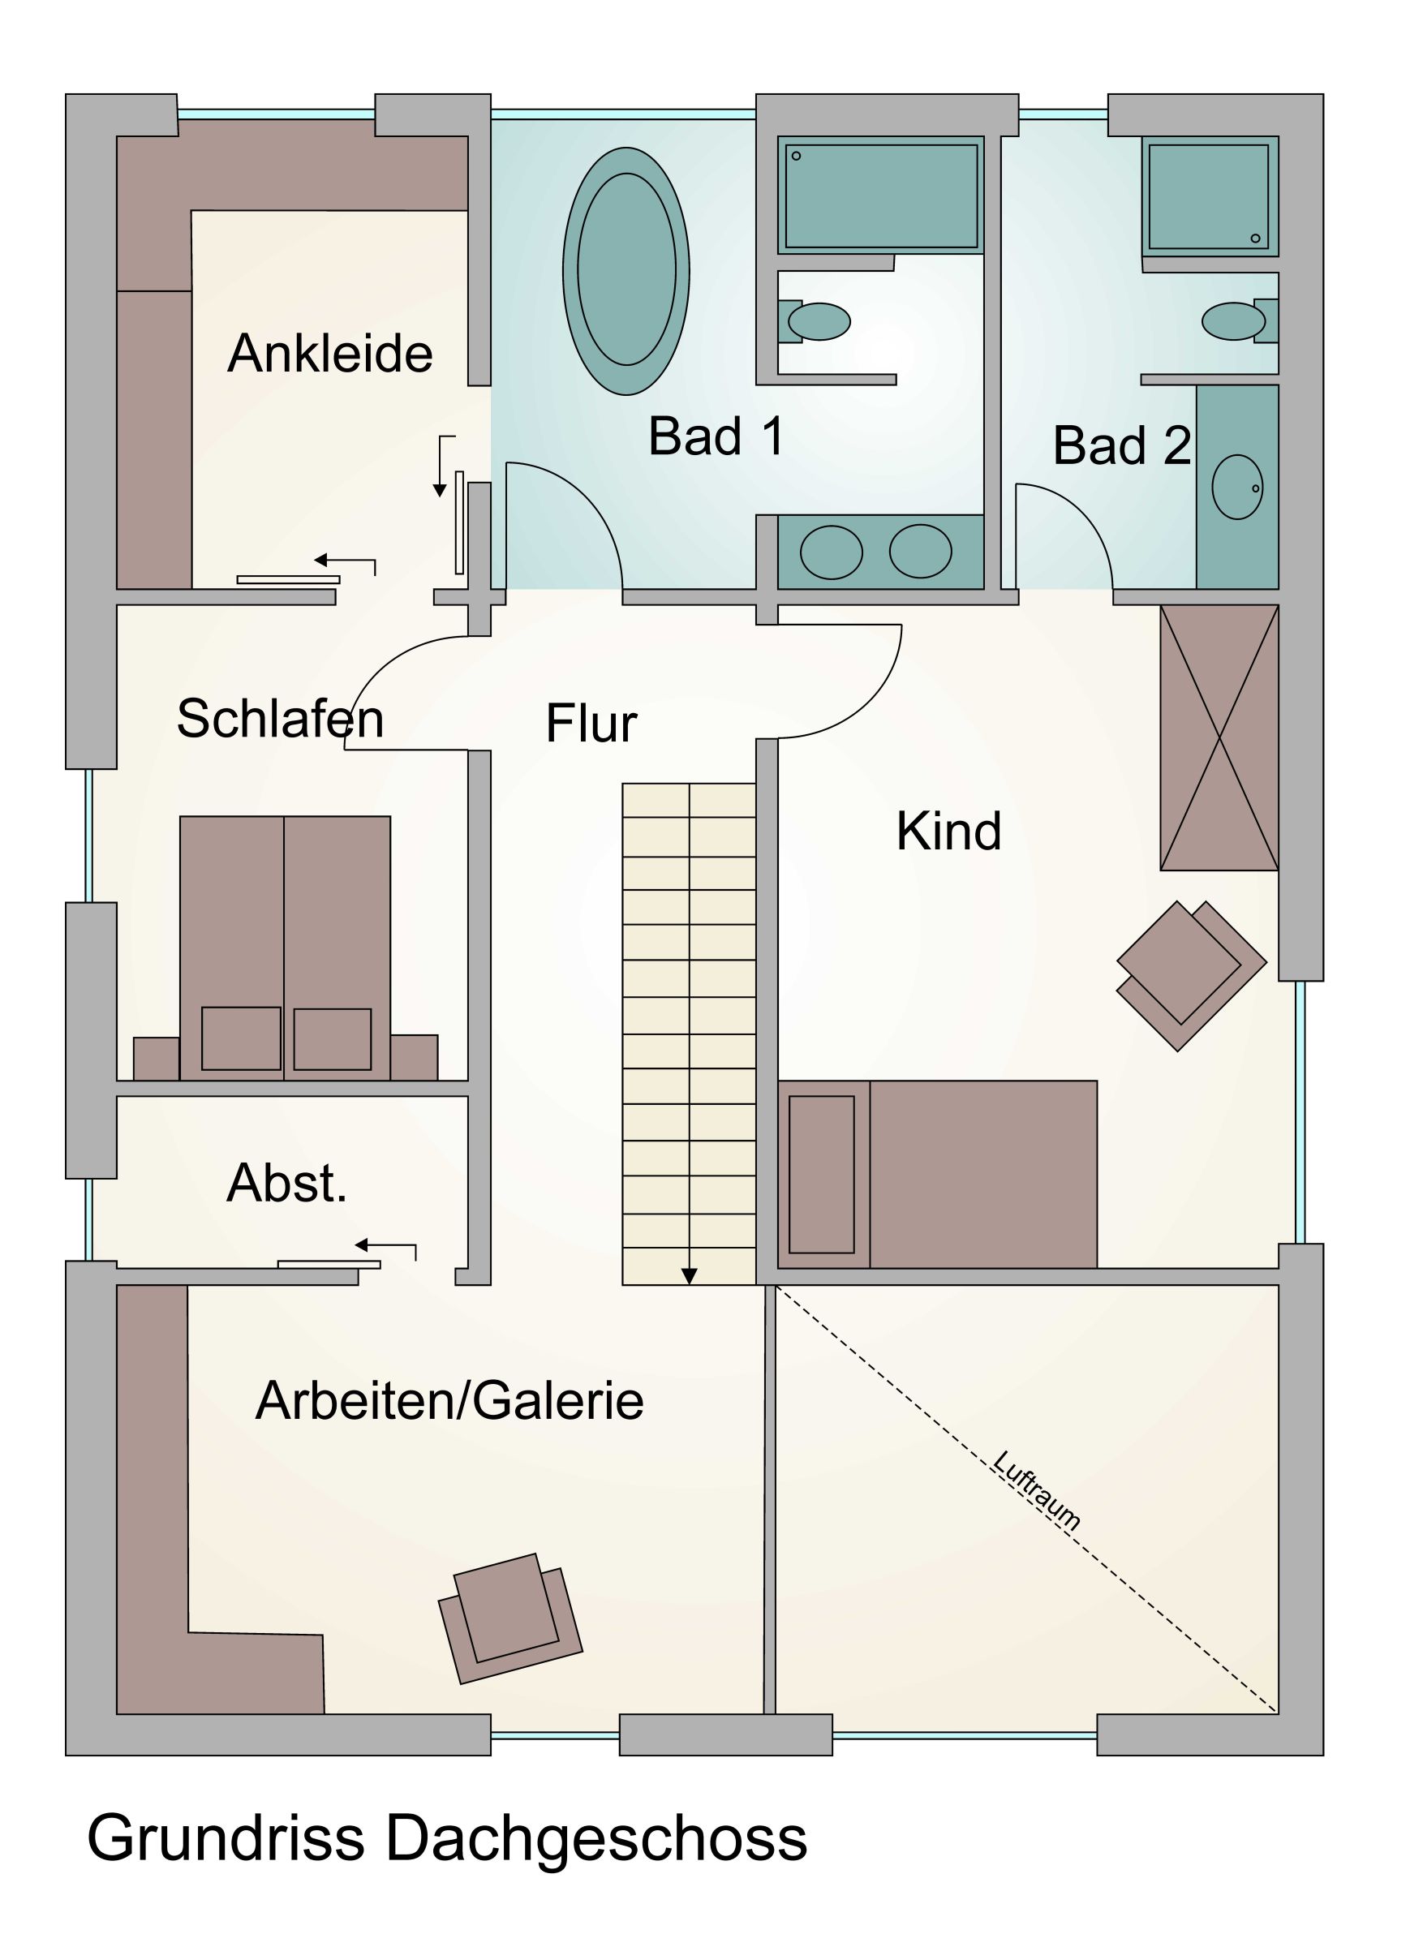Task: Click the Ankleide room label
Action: point(330,354)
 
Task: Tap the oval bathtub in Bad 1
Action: point(626,270)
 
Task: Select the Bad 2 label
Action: point(1121,446)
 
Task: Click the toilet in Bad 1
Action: point(818,322)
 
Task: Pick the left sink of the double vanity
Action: point(831,552)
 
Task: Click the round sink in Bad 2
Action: point(1237,488)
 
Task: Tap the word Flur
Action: point(591,724)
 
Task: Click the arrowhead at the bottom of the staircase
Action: point(689,1277)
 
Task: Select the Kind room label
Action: point(948,832)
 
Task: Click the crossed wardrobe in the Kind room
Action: point(1219,738)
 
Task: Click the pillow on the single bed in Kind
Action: point(822,1175)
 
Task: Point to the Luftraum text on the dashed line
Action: point(1036,1491)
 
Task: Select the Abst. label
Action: point(287,1184)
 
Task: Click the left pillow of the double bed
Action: point(240,1038)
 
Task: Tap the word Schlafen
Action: point(280,719)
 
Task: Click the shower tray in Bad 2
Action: point(1209,197)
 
